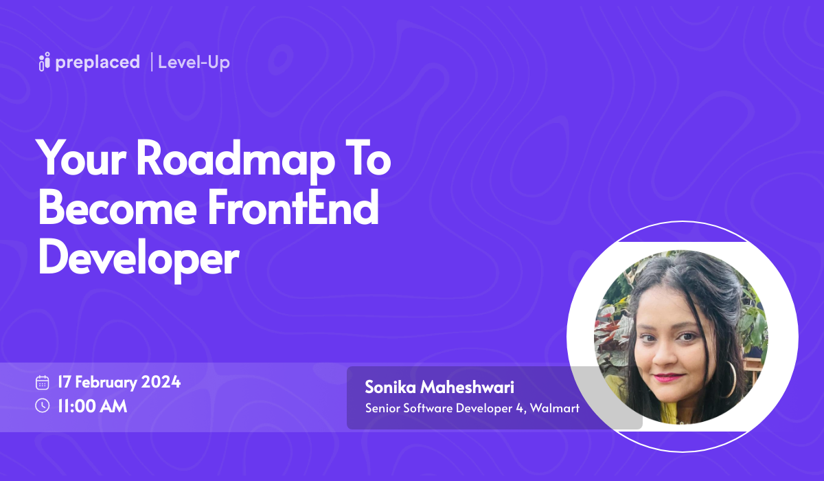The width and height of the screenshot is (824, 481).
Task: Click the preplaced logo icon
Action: pyautogui.click(x=45, y=63)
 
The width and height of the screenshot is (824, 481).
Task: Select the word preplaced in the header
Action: pyautogui.click(x=98, y=63)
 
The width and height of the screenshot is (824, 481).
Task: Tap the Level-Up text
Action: pyautogui.click(x=194, y=63)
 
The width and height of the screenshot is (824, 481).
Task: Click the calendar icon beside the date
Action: pyautogui.click(x=43, y=383)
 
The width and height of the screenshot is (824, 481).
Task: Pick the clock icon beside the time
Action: pyautogui.click(x=43, y=405)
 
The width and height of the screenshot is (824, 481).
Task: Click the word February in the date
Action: pyautogui.click(x=106, y=382)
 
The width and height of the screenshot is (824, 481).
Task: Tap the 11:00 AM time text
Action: pyautogui.click(x=92, y=405)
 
